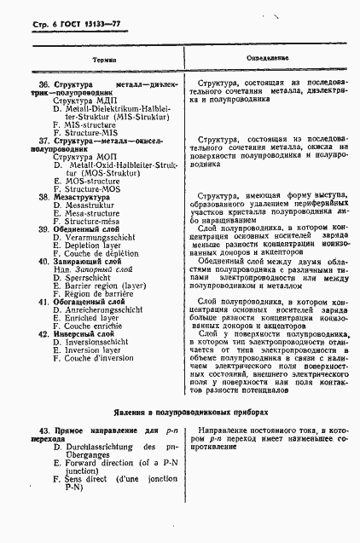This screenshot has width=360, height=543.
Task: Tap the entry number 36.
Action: coord(45,84)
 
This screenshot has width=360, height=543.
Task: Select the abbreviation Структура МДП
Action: coord(78,101)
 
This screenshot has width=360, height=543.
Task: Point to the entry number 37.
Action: coord(45,141)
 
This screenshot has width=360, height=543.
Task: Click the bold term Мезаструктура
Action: coord(89,197)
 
